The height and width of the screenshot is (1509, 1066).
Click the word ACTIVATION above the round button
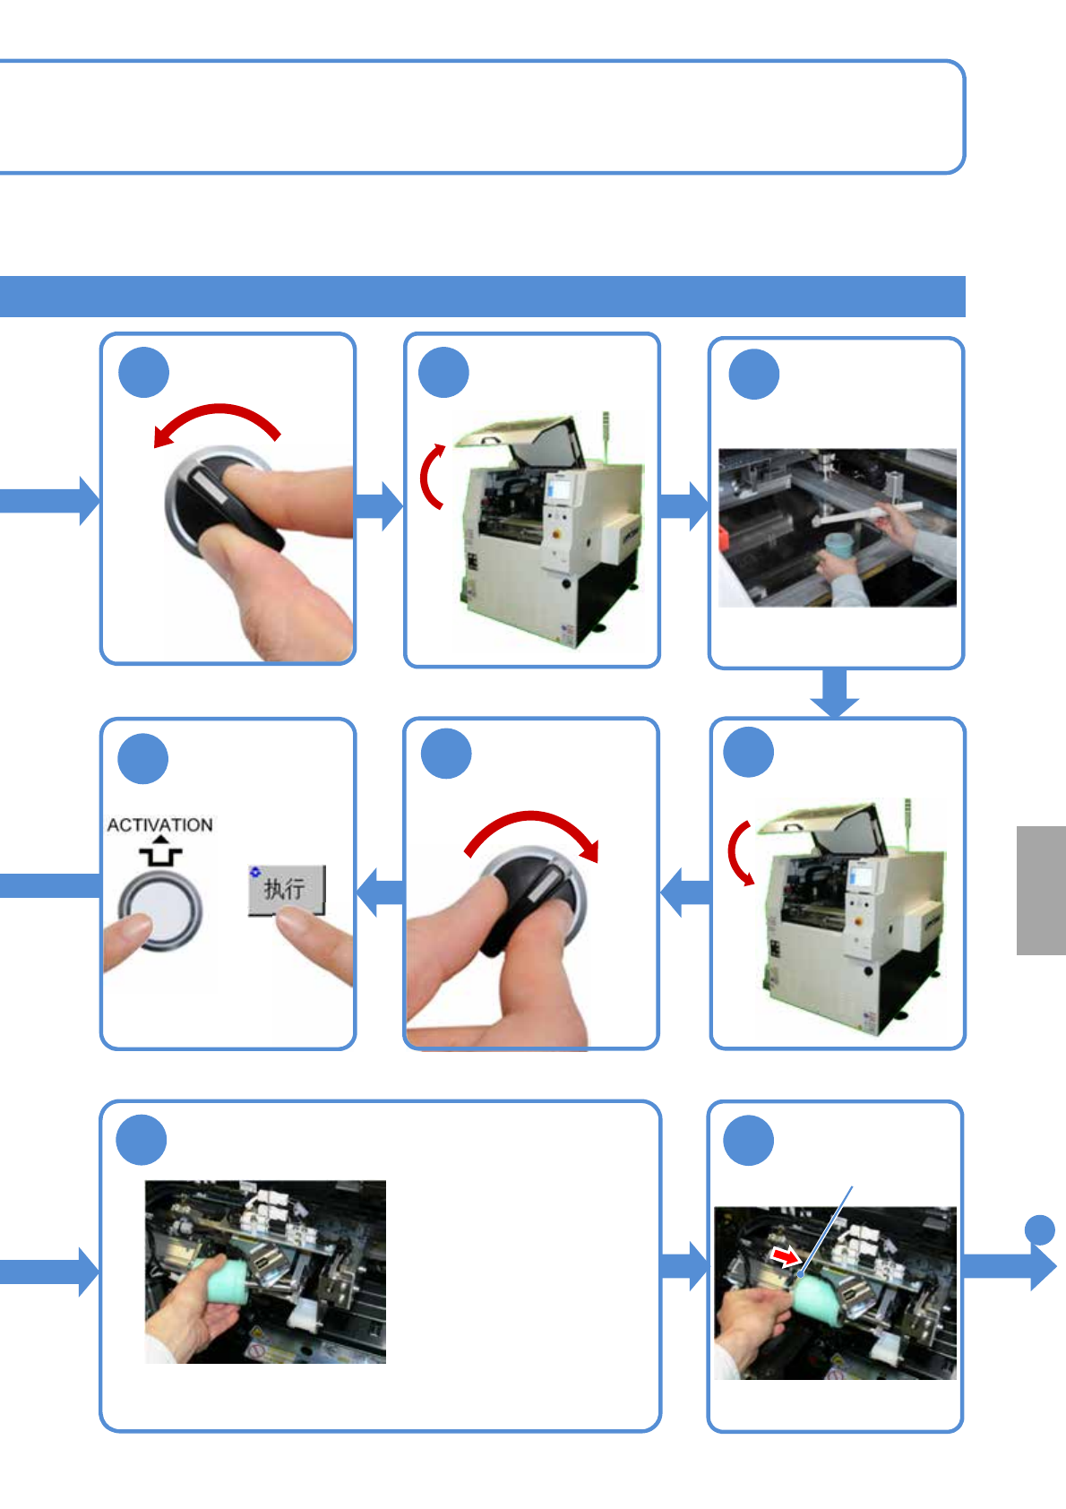159,825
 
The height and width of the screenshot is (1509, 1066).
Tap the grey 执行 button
287,889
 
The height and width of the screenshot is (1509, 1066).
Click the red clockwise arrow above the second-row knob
532,830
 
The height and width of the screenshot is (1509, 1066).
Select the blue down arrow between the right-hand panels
835,694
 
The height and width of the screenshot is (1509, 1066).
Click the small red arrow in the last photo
785,1257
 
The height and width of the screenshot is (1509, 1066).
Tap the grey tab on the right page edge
1040,890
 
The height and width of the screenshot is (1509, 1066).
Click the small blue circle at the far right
1039,1229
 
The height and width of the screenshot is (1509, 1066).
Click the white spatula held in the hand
866,514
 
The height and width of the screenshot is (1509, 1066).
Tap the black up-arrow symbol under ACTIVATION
159,852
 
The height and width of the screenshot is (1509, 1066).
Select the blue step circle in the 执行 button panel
143,758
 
